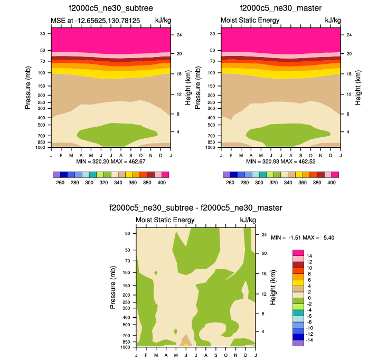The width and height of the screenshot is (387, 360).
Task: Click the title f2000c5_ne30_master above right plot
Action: pos(280,8)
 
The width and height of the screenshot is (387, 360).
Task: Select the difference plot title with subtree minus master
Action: pos(195,207)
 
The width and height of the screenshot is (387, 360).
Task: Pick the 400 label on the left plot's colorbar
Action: pos(162,182)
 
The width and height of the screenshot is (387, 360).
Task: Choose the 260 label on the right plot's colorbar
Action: pos(230,182)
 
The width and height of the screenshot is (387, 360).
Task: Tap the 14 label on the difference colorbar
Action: pos(309,255)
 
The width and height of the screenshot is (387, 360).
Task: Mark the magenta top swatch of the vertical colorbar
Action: pos(298,252)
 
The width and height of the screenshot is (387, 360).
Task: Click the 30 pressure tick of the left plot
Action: pos(42,33)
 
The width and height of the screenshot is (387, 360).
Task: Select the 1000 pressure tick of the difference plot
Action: pos(125,347)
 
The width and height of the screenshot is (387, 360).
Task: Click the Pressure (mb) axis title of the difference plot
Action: pos(114,287)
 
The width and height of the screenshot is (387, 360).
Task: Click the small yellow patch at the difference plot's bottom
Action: pos(186,345)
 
